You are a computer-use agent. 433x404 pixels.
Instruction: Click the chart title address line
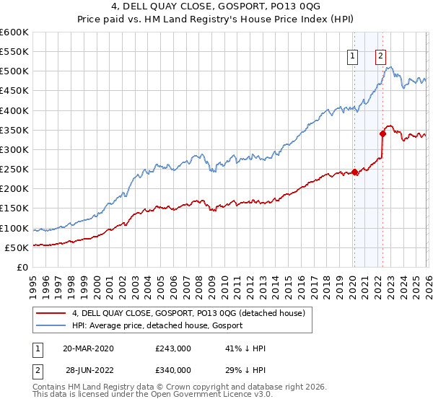point(216,6)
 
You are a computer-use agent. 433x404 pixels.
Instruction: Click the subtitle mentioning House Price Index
point(216,19)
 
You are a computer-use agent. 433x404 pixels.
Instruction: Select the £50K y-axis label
point(17,247)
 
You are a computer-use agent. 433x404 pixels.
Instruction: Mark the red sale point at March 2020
point(354,172)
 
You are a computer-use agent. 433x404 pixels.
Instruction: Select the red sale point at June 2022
point(382,133)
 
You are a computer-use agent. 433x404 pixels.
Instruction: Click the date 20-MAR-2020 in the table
point(87,348)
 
